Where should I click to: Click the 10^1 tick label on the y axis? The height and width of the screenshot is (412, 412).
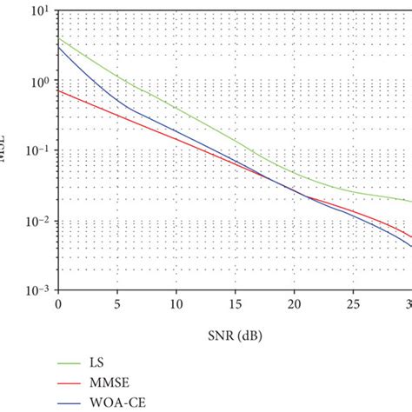(37, 12)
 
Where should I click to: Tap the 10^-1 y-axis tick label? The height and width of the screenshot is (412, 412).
(36, 151)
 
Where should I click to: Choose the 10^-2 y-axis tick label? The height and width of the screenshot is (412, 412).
(36, 222)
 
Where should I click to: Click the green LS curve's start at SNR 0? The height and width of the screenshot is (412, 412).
(58, 40)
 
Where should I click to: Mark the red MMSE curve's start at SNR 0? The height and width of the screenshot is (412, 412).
(58, 90)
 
